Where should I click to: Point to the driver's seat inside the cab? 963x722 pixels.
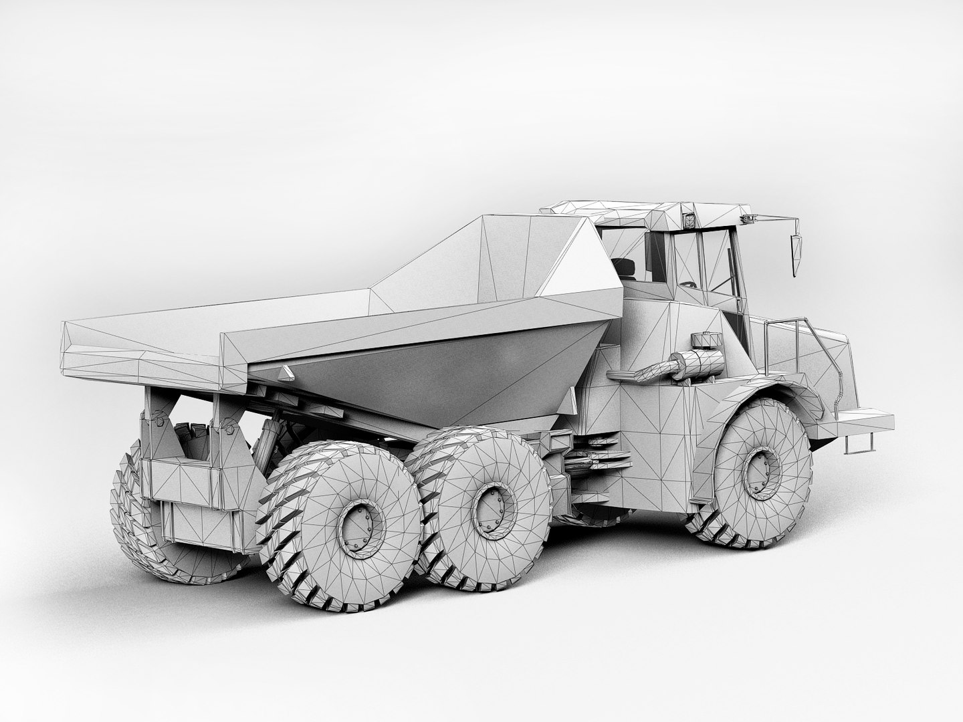tap(627, 268)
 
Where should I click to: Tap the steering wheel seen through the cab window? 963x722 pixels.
tap(689, 284)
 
